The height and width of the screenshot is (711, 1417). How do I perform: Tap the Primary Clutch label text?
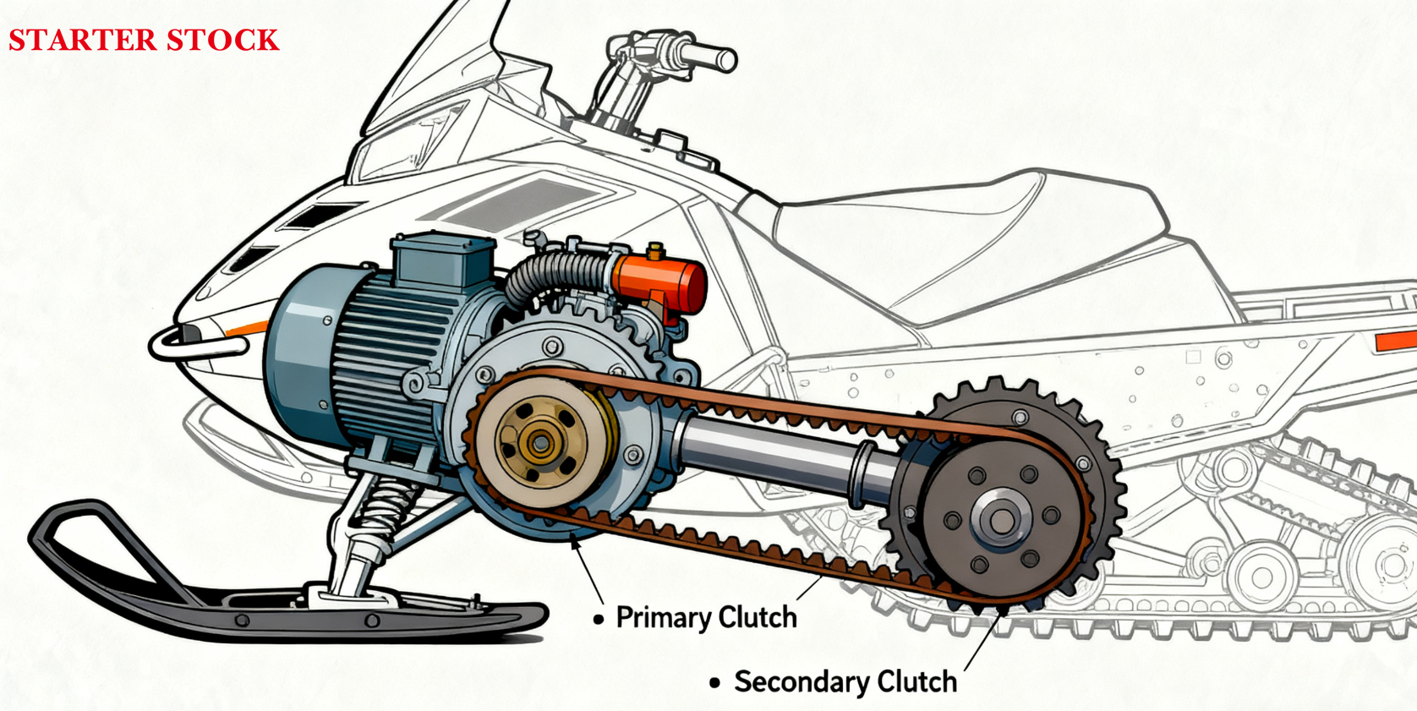point(706,618)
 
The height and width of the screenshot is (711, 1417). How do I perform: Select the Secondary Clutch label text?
point(845,681)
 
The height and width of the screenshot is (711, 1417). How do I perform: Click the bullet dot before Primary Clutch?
point(599,620)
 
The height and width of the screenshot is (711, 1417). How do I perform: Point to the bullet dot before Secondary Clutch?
point(715,682)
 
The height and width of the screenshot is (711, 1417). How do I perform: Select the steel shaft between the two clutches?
point(778,452)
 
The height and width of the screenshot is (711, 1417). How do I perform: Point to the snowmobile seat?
point(972,228)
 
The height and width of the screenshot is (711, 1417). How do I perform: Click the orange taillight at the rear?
point(1395,342)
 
